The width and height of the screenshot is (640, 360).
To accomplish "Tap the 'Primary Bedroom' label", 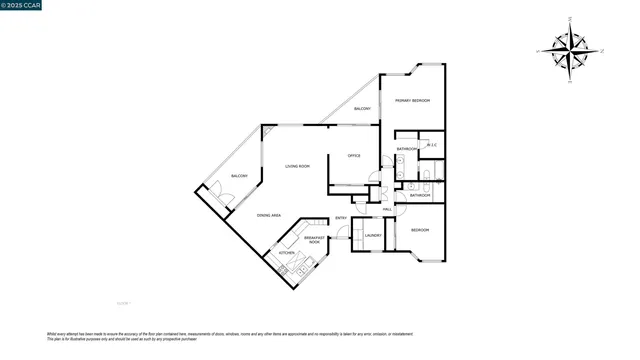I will coord(412,100).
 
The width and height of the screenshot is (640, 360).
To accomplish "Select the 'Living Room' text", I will coord(297,166).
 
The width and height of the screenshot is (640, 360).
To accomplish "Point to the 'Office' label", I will coord(354,156).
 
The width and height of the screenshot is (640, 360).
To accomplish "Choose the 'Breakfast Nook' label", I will coord(313,240).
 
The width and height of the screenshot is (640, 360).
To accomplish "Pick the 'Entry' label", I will coord(340,218).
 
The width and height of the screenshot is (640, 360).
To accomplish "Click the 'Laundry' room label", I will coord(373,236).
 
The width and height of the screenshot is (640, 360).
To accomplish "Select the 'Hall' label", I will coord(386,209).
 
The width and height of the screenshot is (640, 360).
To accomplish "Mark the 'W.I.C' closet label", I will coord(432,146).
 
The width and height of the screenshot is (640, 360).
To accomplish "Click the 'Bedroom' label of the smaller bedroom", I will coord(420,230).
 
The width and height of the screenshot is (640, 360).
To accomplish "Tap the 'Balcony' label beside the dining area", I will coord(239,176).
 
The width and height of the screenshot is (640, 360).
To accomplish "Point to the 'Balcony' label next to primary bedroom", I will coord(362,108).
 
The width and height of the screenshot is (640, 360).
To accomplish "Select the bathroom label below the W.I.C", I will coord(420,195).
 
